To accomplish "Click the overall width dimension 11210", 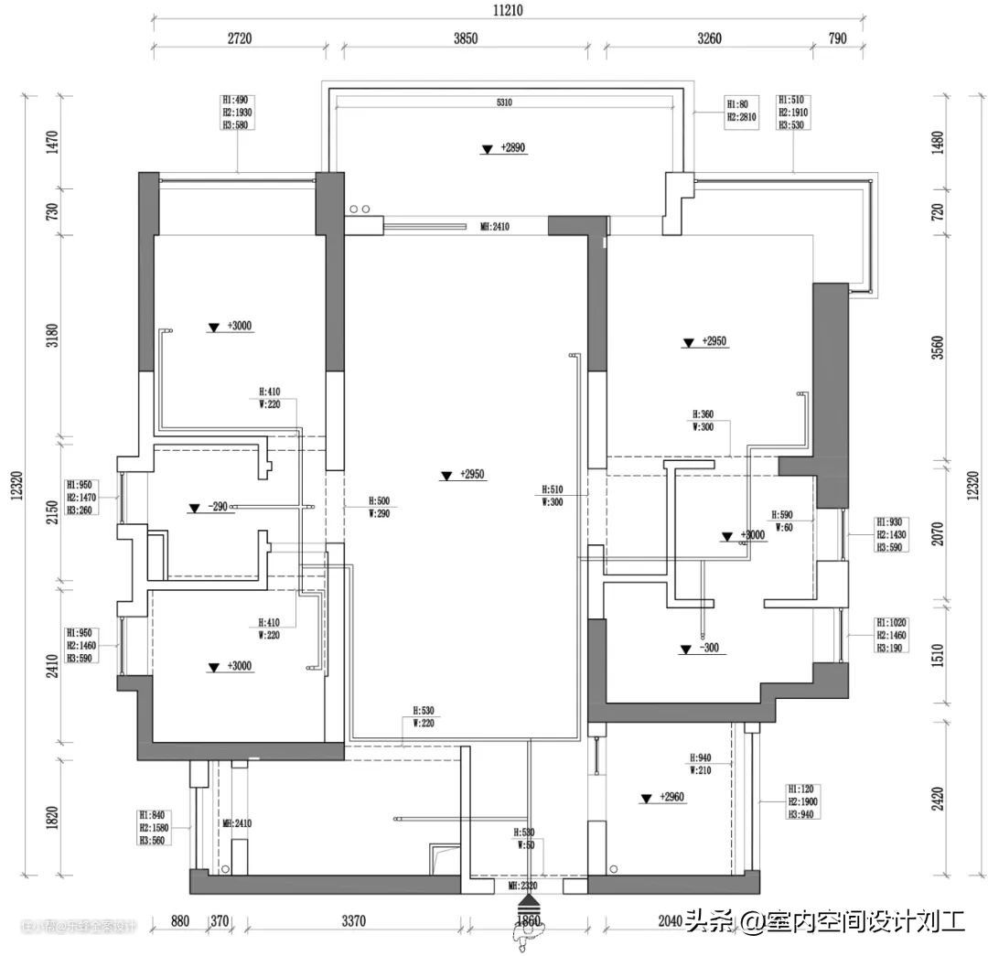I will [x=507, y=10].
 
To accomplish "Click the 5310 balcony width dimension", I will [x=504, y=103].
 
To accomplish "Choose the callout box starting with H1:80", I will [x=743, y=111].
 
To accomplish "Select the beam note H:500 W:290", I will [x=379, y=507].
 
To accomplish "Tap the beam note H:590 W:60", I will [x=782, y=521].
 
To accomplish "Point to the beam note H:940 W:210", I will [x=700, y=764].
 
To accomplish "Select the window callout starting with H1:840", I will [x=152, y=827].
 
